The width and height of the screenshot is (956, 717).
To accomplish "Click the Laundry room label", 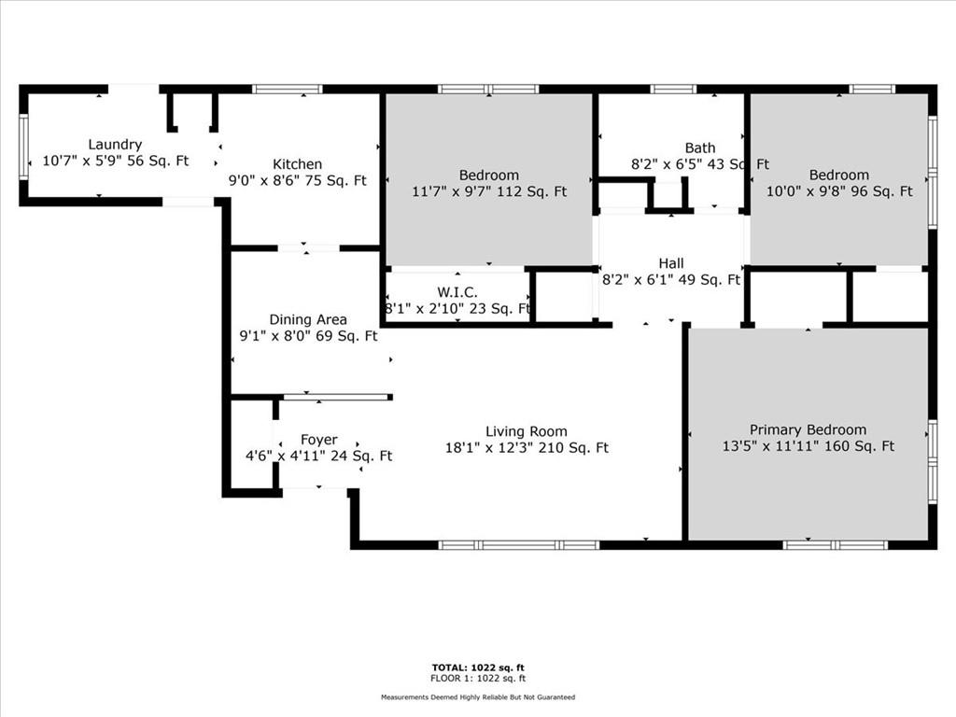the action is pyautogui.click(x=115, y=145).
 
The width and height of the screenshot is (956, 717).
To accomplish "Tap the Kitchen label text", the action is pyautogui.click(x=298, y=164).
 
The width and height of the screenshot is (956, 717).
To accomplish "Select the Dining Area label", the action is pyautogui.click(x=308, y=319).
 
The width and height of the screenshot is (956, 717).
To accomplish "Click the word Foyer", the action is pyautogui.click(x=319, y=440).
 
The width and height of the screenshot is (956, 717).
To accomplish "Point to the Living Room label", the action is pyautogui.click(x=527, y=431).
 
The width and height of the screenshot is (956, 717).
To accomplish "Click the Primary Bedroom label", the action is pyautogui.click(x=808, y=429).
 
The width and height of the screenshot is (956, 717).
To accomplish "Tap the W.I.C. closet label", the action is pyautogui.click(x=457, y=292).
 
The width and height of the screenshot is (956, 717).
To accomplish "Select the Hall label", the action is pyautogui.click(x=670, y=263).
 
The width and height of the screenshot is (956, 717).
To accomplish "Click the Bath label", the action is pyautogui.click(x=700, y=148).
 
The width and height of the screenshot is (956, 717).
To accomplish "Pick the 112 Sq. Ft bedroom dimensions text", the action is pyautogui.click(x=489, y=191).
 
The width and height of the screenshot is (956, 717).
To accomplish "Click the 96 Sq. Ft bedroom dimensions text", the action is pyautogui.click(x=839, y=191).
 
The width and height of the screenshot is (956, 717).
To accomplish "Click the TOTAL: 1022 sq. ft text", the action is pyautogui.click(x=478, y=668).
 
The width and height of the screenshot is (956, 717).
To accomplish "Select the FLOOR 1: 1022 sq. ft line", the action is pyautogui.click(x=478, y=678).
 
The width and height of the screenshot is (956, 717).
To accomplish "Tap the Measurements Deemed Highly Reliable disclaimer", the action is pyautogui.click(x=478, y=696).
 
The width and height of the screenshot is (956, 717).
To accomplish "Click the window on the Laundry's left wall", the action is pyautogui.click(x=23, y=147).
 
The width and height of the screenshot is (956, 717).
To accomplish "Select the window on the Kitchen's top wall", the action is pyautogui.click(x=288, y=89).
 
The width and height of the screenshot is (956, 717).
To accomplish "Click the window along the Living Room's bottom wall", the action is pyautogui.click(x=519, y=545).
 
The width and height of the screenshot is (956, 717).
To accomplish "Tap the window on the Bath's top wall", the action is pyautogui.click(x=673, y=89).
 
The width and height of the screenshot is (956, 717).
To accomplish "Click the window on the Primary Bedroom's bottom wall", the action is pyautogui.click(x=836, y=545).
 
